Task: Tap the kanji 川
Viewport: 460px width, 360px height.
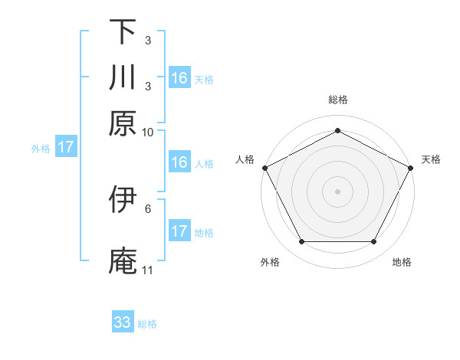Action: (123, 77)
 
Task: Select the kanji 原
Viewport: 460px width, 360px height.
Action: (123, 123)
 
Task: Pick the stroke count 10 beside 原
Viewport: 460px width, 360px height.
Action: (148, 133)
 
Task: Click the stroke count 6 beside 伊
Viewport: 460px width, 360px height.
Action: (148, 208)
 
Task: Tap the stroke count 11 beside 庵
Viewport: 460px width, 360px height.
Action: (148, 270)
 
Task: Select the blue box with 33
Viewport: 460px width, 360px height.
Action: (123, 322)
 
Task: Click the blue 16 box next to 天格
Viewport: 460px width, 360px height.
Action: (179, 78)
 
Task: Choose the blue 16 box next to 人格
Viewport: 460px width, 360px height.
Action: (179, 162)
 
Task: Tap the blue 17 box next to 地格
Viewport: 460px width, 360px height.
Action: (179, 231)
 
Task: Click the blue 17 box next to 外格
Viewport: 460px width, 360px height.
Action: (66, 148)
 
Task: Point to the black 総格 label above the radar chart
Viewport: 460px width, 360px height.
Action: (338, 100)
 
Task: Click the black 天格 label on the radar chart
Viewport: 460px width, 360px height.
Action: (431, 159)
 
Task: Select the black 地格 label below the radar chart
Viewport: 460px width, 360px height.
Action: (402, 263)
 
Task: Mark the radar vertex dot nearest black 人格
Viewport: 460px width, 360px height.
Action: (264, 167)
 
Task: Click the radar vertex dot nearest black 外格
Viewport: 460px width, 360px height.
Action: (301, 242)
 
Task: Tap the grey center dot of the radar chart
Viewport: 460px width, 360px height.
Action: (338, 191)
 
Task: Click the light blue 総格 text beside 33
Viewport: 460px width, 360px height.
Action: (147, 324)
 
